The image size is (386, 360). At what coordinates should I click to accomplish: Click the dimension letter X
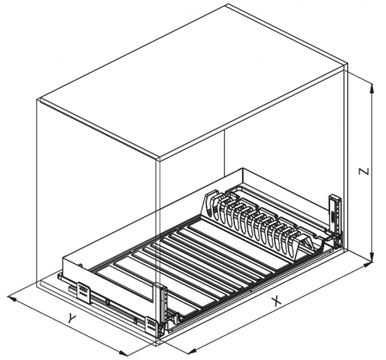coord(276,301)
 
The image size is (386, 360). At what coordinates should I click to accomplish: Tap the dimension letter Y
coord(72,318)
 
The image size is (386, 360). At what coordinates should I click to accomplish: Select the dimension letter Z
coord(364,171)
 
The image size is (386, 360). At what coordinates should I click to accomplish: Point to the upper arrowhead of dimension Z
coord(371,88)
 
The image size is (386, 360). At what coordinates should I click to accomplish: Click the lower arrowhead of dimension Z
coord(371,255)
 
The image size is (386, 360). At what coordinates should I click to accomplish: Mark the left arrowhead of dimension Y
coord(12,298)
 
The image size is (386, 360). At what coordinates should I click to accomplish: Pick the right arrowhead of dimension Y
coord(123,353)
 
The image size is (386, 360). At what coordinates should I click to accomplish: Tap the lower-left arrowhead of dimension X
coord(190,351)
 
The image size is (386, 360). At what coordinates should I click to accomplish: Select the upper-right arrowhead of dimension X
coord(366,265)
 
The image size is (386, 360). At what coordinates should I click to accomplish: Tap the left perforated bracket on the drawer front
coord(83,292)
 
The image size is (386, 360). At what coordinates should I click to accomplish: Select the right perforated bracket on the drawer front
coord(151,324)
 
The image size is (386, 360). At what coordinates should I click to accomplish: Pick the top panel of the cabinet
coord(193,81)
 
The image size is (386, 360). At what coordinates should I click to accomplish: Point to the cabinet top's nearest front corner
coord(159,158)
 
